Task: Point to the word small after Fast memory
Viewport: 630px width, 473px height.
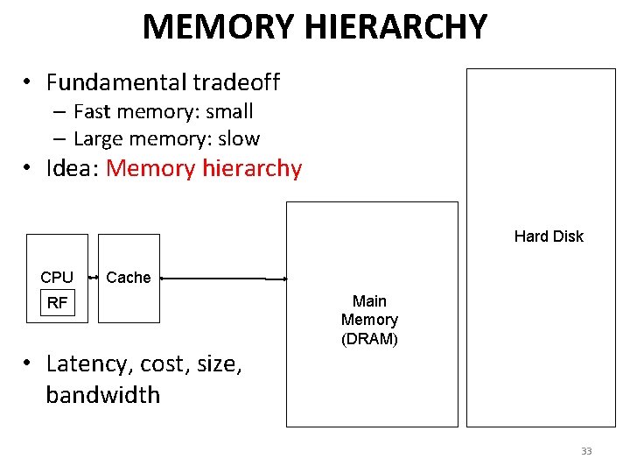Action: click(229, 111)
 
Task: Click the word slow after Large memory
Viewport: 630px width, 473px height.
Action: click(239, 138)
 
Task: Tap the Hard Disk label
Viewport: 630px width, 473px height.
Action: click(549, 236)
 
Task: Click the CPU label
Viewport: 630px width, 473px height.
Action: click(57, 278)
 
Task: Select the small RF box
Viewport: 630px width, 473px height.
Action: click(57, 303)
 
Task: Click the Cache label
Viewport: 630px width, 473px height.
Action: click(129, 278)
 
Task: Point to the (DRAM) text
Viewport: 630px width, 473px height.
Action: click(369, 339)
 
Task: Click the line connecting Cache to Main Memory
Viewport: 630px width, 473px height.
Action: click(224, 279)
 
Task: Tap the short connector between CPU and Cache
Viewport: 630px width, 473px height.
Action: click(93, 278)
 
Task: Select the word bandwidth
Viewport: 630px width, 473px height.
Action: click(103, 395)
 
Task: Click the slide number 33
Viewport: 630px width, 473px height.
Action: click(586, 451)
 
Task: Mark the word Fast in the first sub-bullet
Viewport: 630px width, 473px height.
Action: click(91, 111)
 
